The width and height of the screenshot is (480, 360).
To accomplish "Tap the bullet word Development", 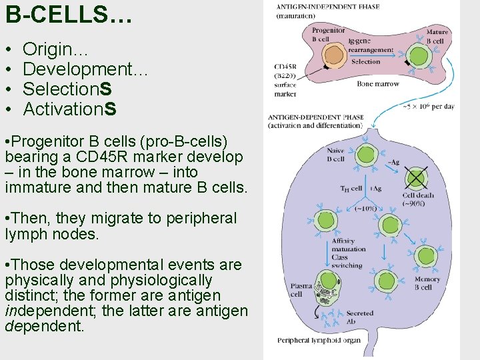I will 85,69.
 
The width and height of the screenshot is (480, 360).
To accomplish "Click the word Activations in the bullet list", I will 69,108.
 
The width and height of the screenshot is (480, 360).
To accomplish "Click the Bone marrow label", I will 378,84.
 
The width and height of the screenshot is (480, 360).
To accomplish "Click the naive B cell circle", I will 365,156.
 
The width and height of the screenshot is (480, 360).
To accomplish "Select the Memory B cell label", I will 427,283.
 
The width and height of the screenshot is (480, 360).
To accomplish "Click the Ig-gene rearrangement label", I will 371,45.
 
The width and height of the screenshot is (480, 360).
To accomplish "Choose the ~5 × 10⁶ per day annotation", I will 428,107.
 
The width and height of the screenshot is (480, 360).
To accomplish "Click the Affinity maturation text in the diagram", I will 348,245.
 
